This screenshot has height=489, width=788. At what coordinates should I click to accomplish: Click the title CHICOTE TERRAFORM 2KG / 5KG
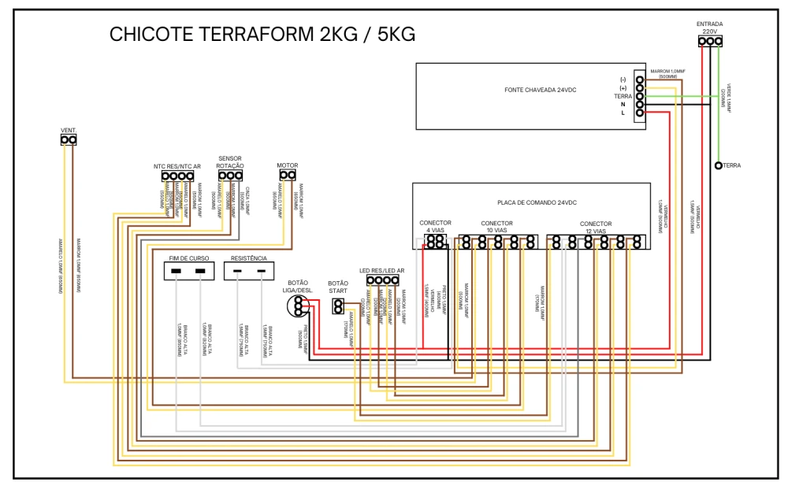[262, 35]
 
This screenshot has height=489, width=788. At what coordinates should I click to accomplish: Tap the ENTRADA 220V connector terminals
[710, 41]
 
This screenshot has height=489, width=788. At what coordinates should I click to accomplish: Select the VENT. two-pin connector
[69, 140]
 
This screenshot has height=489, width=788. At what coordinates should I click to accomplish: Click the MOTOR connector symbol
[287, 174]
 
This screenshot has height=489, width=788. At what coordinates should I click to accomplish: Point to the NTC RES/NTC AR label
[177, 166]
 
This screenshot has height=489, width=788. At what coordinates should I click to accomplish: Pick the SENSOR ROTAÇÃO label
[230, 162]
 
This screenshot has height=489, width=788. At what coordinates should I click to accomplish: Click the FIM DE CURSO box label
[189, 258]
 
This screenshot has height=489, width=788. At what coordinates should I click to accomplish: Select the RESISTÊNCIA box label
[249, 258]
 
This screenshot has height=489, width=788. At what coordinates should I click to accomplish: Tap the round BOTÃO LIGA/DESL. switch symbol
[297, 304]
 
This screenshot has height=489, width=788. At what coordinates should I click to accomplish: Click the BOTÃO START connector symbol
[338, 306]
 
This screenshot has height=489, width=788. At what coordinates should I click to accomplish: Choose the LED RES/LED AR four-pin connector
[382, 280]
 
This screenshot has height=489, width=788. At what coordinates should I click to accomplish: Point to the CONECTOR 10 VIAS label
[496, 227]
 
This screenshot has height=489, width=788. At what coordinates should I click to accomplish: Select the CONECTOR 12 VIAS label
[596, 228]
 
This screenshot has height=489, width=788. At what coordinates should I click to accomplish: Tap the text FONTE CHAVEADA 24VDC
[541, 91]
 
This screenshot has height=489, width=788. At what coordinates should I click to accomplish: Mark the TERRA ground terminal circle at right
[718, 165]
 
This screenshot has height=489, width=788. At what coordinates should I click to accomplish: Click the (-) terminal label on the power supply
[623, 80]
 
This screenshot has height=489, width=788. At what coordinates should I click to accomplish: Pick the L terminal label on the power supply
[623, 113]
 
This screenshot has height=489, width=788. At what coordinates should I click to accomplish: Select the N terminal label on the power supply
[623, 105]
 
